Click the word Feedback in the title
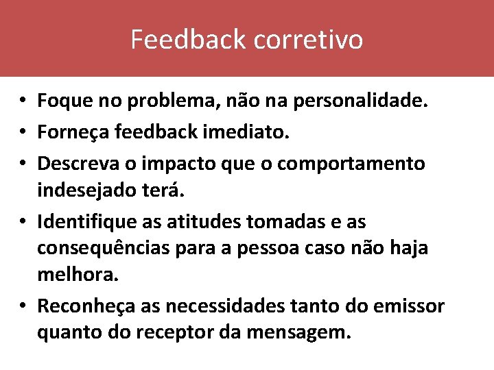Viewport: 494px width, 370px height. [x=189, y=40]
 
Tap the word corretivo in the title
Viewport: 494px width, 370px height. [x=308, y=40]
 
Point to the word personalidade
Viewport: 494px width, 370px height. [x=361, y=101]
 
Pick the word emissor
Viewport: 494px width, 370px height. [x=410, y=306]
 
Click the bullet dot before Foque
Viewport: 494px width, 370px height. [x=23, y=102]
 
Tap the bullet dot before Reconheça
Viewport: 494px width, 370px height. [x=23, y=306]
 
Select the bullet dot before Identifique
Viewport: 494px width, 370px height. [x=23, y=223]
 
